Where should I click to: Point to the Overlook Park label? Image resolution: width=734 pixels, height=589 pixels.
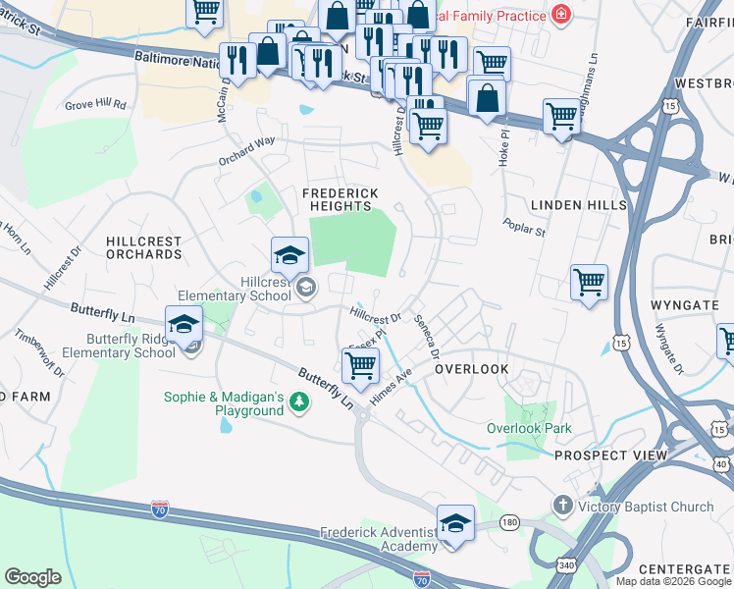(529, 429)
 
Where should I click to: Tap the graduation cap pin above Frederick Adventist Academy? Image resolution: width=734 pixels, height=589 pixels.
(455, 523)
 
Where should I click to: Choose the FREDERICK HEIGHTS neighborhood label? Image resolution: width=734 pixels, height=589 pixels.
(340, 199)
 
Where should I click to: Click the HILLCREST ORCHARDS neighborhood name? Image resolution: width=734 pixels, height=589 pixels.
(143, 247)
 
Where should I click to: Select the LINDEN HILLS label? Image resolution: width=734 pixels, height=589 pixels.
(578, 204)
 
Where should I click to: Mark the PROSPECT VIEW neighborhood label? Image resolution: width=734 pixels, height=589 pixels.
(610, 455)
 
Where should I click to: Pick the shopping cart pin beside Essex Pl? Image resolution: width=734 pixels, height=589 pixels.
(361, 365)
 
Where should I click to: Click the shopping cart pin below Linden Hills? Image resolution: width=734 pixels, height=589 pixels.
(589, 283)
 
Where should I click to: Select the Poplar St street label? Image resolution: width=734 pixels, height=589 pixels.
(525, 228)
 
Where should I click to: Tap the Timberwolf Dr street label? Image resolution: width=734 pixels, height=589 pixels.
(38, 352)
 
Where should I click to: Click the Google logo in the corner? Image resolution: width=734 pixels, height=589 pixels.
(32, 576)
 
